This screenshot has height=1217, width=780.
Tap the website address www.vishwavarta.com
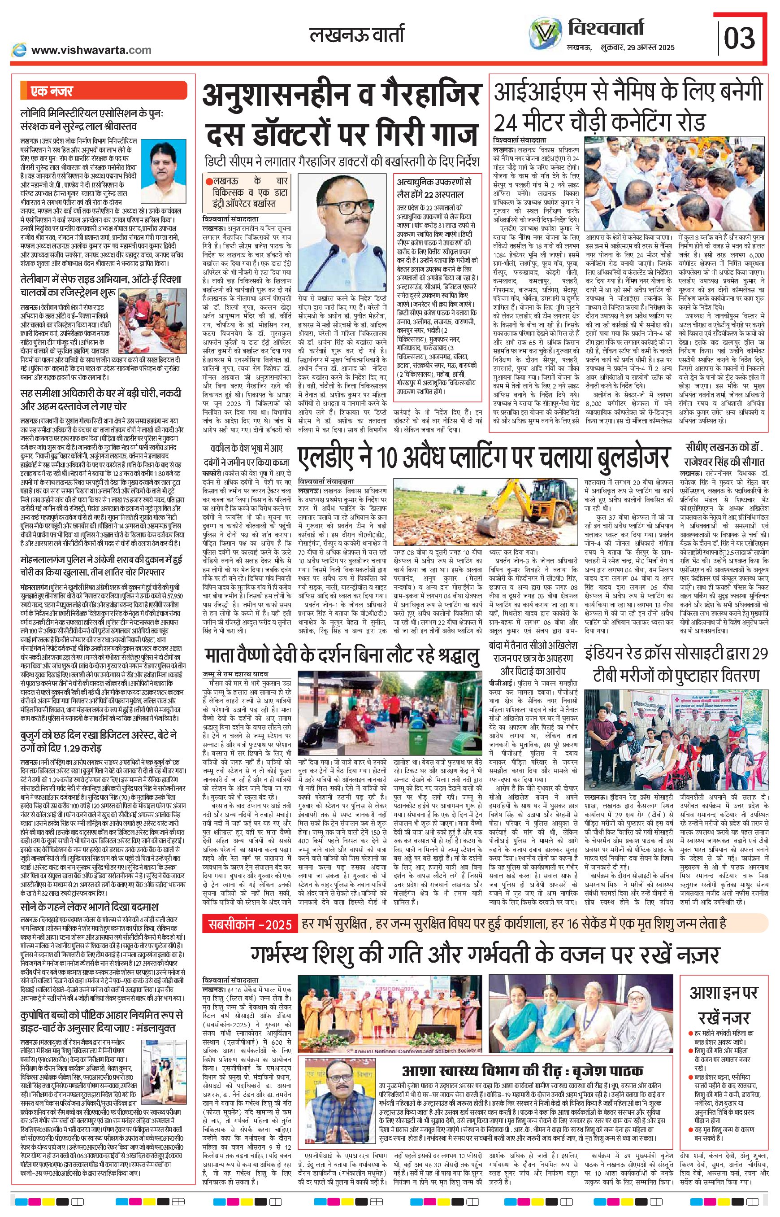pyautogui.click(x=91, y=50)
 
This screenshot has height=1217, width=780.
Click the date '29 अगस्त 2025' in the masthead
pyautogui.click(x=650, y=47)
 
